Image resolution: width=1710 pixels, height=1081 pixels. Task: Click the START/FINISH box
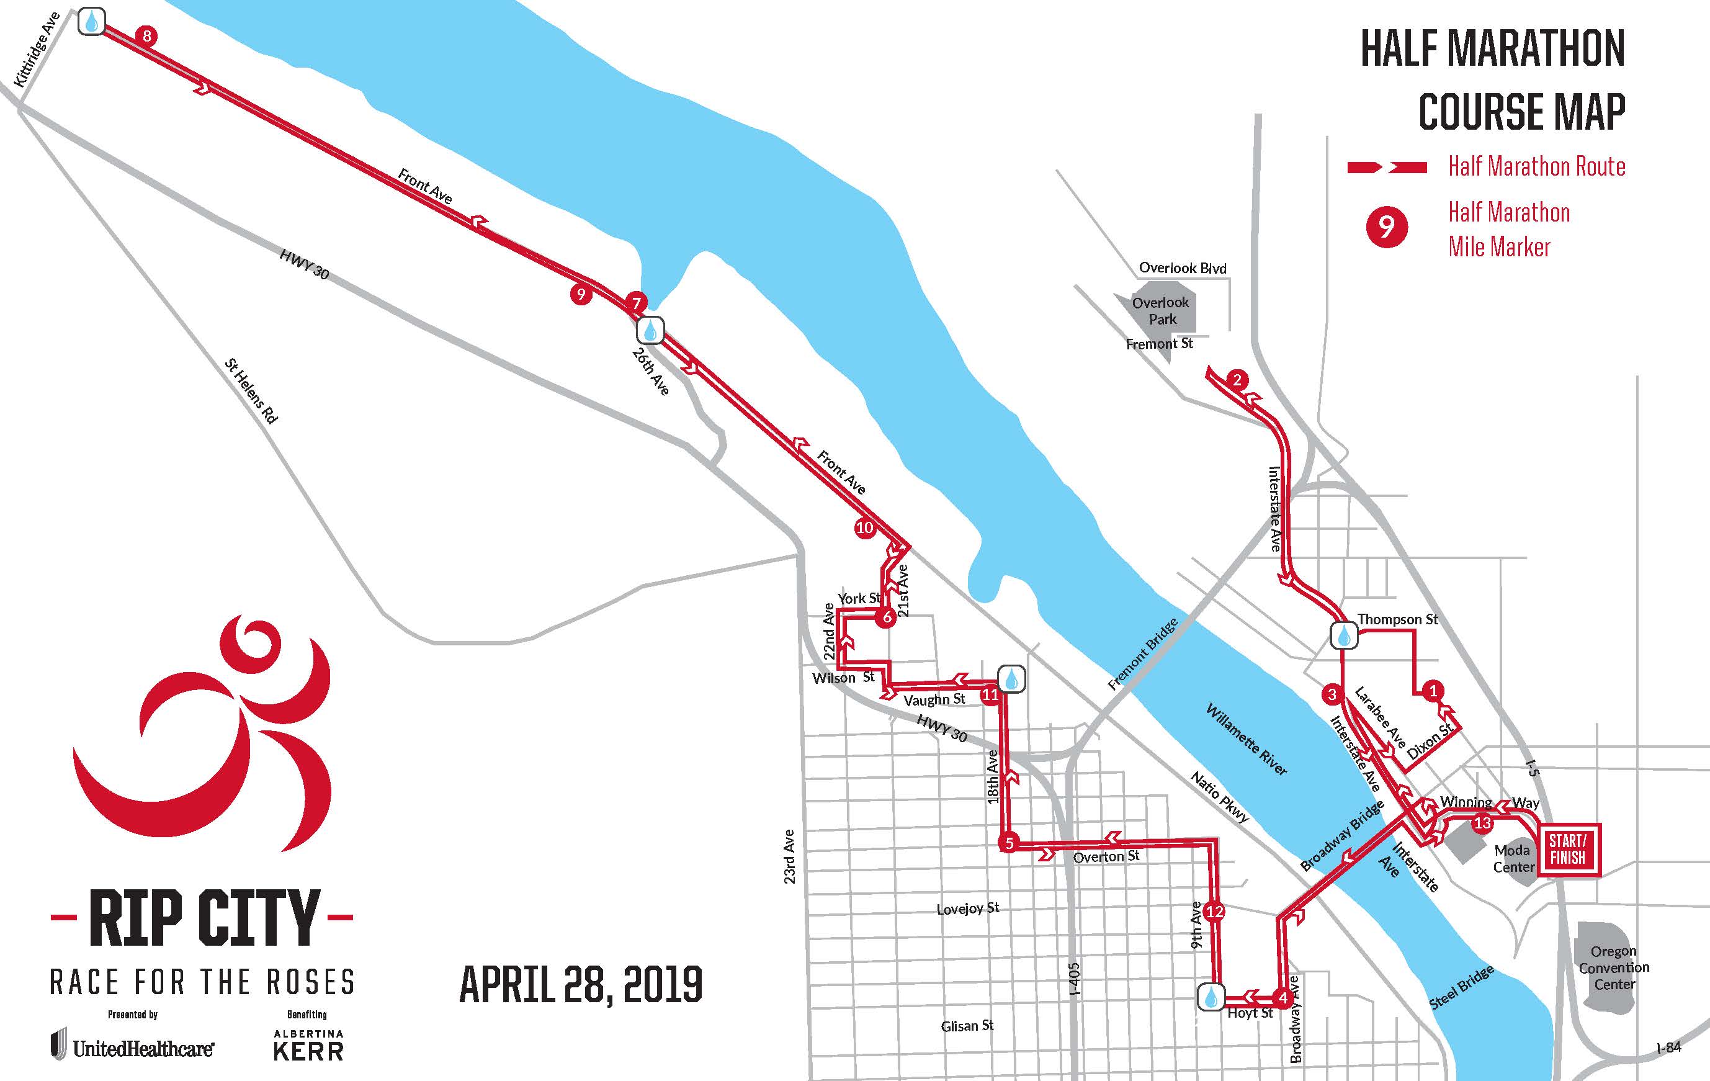point(1568,850)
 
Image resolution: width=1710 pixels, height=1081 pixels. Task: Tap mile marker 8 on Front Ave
point(147,35)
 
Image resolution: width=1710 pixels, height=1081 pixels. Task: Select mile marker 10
point(864,527)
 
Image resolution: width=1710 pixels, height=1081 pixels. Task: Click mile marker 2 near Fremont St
point(1237,379)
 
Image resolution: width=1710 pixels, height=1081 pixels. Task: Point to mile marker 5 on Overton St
point(1008,844)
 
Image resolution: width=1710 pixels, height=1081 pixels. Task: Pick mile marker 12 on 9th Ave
point(1215,911)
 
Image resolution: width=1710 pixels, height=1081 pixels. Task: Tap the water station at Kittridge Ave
point(92,22)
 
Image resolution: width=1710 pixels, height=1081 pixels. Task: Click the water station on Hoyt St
point(1211,997)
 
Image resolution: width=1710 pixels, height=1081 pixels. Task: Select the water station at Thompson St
point(1343,635)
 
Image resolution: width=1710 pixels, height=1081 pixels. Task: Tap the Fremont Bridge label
point(1143,654)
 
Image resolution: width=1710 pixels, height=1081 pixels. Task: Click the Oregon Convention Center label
point(1614,967)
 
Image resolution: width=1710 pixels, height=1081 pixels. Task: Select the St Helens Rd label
point(251,392)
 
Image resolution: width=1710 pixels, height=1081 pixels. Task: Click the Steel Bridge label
point(1461,988)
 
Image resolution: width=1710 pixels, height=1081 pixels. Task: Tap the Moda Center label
point(1513,858)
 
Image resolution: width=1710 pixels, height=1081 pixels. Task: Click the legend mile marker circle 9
point(1386,227)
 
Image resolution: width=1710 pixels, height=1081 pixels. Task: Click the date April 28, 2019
point(581,984)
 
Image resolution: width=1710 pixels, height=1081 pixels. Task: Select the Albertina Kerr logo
point(308,1046)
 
